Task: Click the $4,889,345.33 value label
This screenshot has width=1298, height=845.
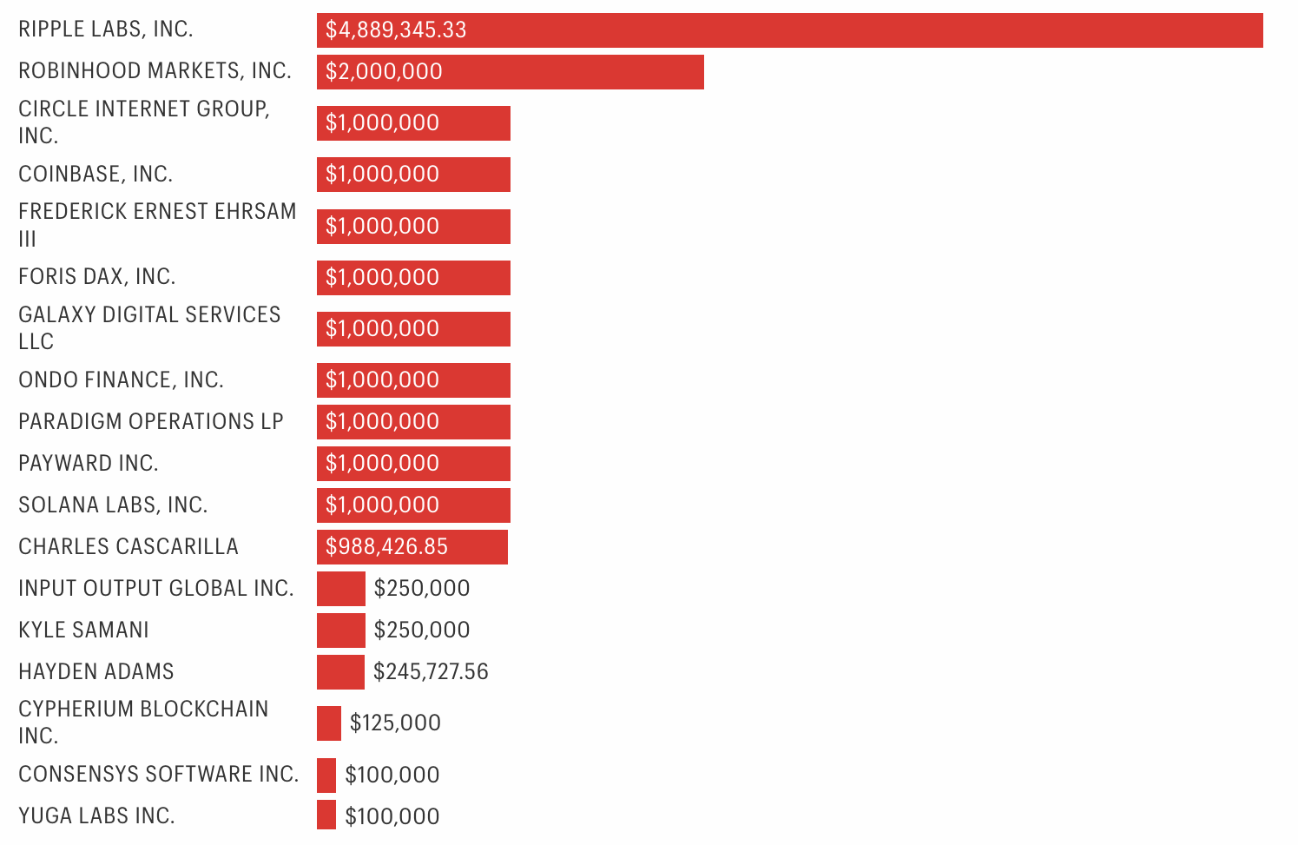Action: pos(396,30)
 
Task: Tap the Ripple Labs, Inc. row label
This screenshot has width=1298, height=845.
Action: pos(106,30)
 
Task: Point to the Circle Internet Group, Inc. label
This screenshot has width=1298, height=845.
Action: pos(144,122)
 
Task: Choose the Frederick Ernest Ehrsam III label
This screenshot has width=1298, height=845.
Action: pos(157,225)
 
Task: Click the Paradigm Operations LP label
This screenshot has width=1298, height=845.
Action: pos(151,422)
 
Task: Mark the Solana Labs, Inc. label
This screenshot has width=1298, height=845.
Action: pos(113,505)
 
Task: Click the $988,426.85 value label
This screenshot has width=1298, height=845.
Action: pos(387,547)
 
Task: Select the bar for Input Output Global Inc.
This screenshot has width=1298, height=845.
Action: pos(340,589)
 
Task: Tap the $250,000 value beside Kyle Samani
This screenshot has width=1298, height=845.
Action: pos(422,630)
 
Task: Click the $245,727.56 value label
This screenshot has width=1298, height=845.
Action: pos(431,672)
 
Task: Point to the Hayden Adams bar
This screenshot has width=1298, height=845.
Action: pos(340,672)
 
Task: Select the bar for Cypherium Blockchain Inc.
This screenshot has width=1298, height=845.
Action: pos(329,723)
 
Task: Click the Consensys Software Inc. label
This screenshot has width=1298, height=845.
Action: pos(158,775)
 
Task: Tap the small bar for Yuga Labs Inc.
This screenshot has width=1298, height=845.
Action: pos(326,815)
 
